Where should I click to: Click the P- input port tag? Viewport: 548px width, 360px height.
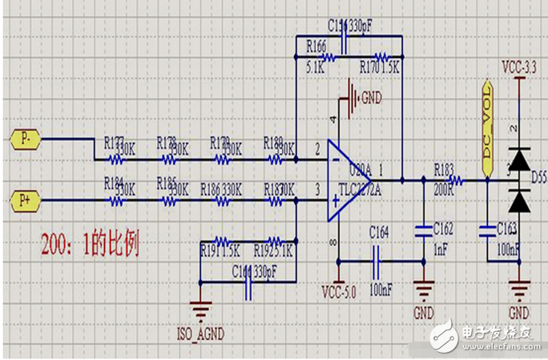(25, 138)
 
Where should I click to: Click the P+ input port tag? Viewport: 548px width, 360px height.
(25, 198)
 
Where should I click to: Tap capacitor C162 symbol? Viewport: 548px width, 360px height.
(422, 232)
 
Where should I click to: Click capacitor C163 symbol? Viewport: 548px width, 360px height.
(486, 232)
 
